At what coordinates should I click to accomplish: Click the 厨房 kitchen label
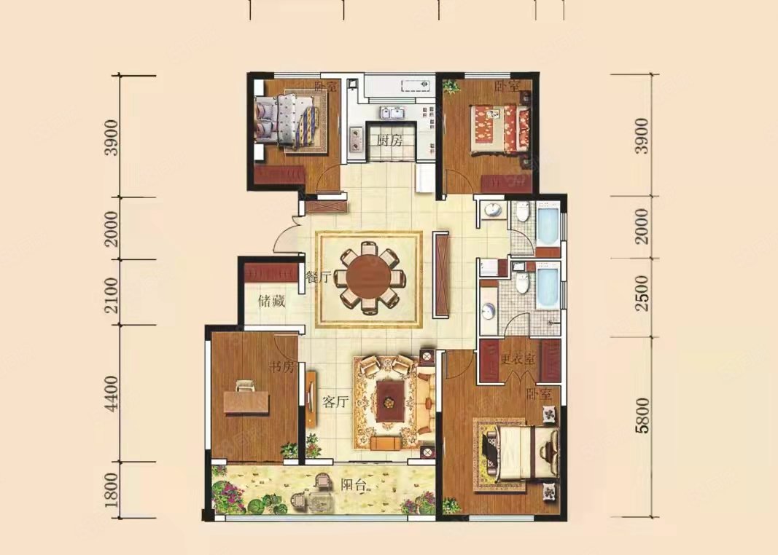tap(389, 141)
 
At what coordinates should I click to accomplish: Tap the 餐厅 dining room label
tap(318, 277)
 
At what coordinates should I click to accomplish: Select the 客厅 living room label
tap(335, 402)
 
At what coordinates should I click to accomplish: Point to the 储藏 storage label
tap(271, 301)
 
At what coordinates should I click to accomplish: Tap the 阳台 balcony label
tap(354, 484)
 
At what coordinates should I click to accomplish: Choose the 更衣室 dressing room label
tap(518, 359)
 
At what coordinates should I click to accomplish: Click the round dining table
tap(369, 277)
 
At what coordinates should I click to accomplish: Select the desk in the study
tap(246, 401)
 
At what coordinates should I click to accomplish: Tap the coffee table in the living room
tap(390, 401)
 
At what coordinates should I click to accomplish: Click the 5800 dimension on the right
tap(642, 414)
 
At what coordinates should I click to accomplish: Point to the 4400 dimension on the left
tap(112, 393)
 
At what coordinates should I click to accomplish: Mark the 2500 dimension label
tap(642, 293)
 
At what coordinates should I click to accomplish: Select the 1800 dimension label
tap(112, 489)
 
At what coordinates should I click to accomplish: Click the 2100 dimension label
tap(112, 295)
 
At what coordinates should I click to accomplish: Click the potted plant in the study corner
tap(289, 450)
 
